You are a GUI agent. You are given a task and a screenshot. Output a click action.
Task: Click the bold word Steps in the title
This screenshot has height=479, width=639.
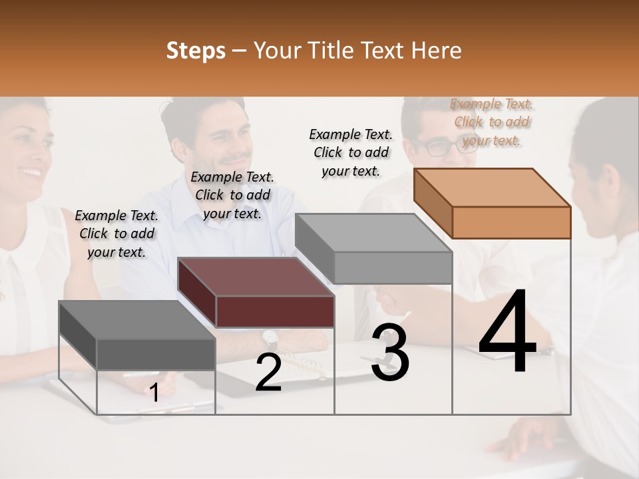pyautogui.click(x=196, y=51)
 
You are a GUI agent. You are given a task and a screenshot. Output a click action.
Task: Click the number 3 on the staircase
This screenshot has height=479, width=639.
pyautogui.click(x=390, y=353)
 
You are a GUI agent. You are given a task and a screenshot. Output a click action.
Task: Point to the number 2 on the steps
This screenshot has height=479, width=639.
pyautogui.click(x=268, y=373)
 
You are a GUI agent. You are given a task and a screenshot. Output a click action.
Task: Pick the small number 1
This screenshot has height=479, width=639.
pyautogui.click(x=154, y=393)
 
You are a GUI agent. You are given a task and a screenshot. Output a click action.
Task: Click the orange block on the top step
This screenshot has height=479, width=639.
pyautogui.click(x=493, y=203)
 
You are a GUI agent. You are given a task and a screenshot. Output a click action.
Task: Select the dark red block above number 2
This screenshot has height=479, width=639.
pyautogui.click(x=256, y=293)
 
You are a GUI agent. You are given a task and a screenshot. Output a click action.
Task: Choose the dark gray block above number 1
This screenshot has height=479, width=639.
pyautogui.click(x=138, y=335)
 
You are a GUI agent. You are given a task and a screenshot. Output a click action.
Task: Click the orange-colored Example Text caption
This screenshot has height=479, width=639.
pyautogui.click(x=492, y=122)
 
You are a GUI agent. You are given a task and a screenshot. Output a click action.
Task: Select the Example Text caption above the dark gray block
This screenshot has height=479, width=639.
pyautogui.click(x=116, y=234)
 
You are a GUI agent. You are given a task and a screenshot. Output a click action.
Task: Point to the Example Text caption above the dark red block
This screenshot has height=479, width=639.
pyautogui.click(x=232, y=195)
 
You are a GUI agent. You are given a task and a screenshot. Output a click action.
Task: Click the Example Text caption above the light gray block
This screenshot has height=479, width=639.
pyautogui.click(x=351, y=152)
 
